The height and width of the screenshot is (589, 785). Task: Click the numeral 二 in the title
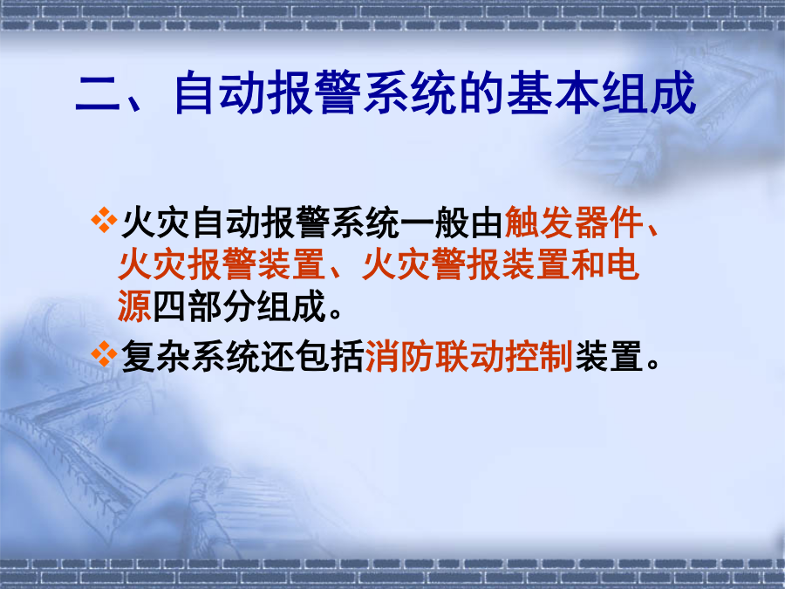tap(98, 93)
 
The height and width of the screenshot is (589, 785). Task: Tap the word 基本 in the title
tap(554, 92)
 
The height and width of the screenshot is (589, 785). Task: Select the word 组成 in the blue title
tap(649, 92)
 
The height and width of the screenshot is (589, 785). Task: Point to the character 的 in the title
tap(482, 92)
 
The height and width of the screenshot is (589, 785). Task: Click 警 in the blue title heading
tap(339, 92)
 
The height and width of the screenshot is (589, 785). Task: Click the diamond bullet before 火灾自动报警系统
tap(104, 221)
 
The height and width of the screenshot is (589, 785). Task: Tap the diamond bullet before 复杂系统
tap(104, 353)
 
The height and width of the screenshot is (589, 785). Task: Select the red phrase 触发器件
tap(574, 223)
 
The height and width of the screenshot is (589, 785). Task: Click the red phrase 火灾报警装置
tap(222, 264)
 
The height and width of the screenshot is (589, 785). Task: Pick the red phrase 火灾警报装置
tap(466, 264)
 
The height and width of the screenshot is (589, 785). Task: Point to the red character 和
tap(588, 264)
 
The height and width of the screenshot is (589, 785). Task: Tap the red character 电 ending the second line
tap(622, 264)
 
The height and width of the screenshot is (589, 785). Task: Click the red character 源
tap(134, 306)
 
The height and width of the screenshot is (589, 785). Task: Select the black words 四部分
tap(204, 306)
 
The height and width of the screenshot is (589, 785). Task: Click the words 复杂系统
tap(191, 356)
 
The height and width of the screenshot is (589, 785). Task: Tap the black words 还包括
tap(312, 356)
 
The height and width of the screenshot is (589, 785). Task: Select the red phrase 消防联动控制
tap(469, 356)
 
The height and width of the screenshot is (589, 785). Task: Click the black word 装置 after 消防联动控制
tap(609, 356)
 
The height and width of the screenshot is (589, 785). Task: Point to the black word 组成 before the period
tap(291, 306)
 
